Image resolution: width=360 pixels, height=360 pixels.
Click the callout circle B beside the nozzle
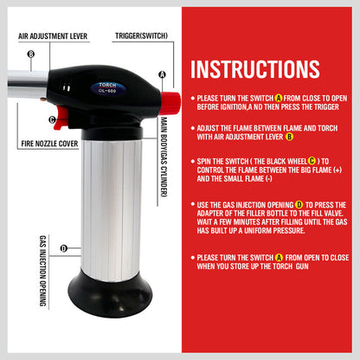(31, 55)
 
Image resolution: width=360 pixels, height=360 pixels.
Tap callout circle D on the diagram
(64, 248)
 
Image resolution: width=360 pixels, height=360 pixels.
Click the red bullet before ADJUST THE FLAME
(191, 127)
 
